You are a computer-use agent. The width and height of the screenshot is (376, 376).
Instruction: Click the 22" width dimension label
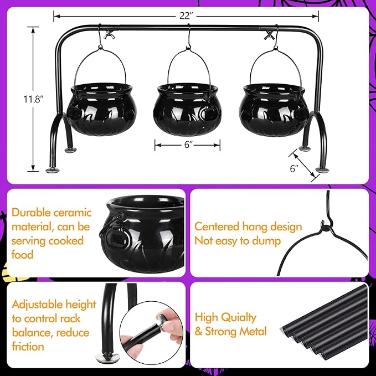click(x=185, y=16)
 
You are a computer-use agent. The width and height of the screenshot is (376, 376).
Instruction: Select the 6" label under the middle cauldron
click(x=187, y=145)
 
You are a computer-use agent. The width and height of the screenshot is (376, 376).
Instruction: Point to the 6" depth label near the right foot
click(x=293, y=167)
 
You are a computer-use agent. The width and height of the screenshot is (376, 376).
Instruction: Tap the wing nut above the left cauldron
click(x=109, y=36)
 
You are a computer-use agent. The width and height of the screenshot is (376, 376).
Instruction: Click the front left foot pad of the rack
click(x=50, y=171)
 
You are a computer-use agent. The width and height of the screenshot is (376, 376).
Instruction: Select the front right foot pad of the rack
click(x=321, y=169)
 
